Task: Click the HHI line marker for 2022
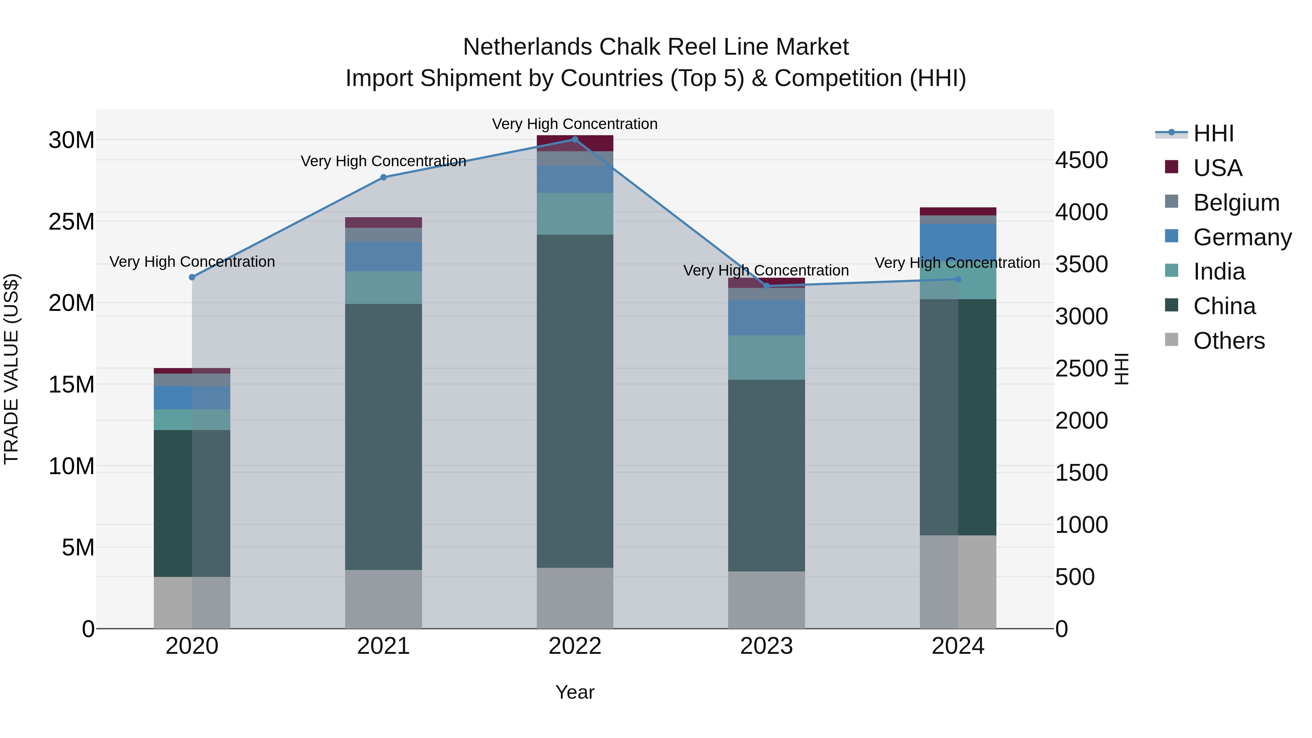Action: pos(575,140)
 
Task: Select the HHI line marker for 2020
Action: pos(192,277)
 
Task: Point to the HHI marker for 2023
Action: pos(766,286)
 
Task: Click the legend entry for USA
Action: pos(1217,168)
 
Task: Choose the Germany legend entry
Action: pos(1242,237)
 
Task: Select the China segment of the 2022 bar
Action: pos(575,401)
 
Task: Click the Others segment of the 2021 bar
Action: pos(383,599)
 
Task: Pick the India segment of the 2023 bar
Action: pos(766,358)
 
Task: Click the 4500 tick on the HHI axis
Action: pos(1081,160)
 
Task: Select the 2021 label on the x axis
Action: pos(383,646)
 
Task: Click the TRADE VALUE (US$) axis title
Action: pos(12,369)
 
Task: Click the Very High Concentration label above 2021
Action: pos(383,161)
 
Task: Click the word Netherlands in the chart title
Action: pos(527,47)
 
